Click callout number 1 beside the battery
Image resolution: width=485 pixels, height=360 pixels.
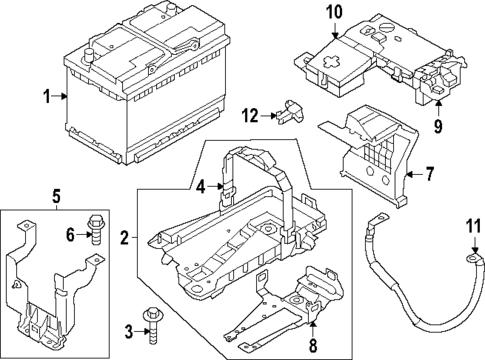pyautogui.click(x=45, y=97)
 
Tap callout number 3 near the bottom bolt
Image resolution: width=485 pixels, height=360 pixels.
pyautogui.click(x=128, y=331)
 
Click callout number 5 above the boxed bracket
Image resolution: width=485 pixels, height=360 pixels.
pyautogui.click(x=57, y=195)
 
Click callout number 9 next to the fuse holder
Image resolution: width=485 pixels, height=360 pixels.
pyautogui.click(x=437, y=127)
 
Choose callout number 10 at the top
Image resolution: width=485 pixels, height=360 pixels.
pyautogui.click(x=332, y=12)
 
